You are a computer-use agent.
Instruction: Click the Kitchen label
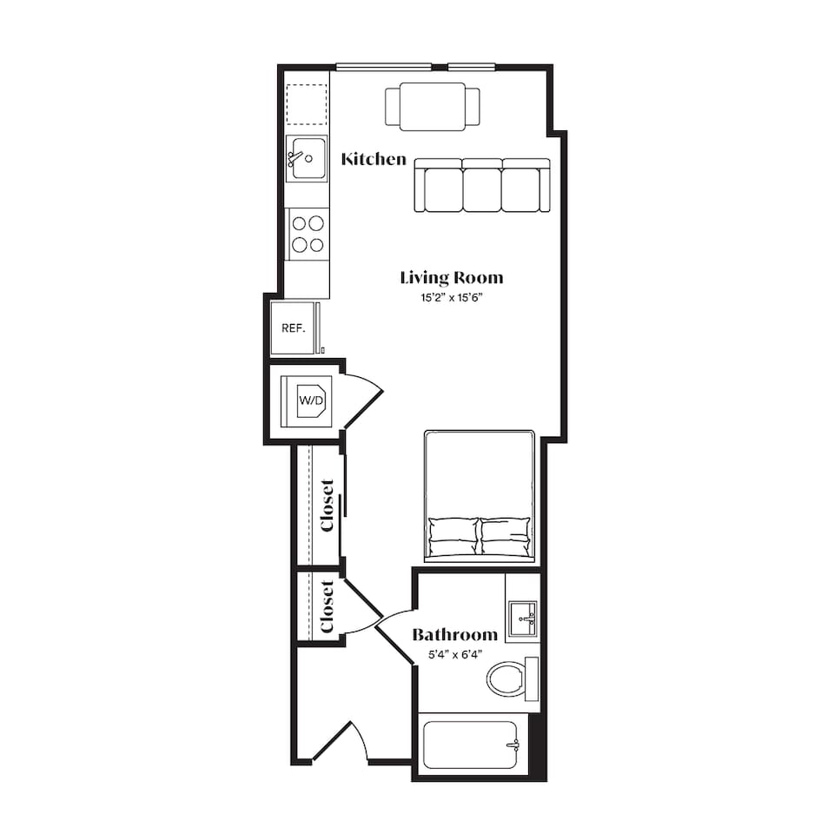click(x=374, y=159)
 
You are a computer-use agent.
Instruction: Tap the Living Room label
click(x=452, y=278)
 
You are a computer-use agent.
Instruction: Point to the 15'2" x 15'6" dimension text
click(x=451, y=297)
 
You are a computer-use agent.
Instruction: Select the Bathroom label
click(x=454, y=634)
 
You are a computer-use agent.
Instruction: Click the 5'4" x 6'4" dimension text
click(x=455, y=655)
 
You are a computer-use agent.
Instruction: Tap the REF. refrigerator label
click(x=294, y=328)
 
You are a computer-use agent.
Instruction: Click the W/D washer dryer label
click(x=311, y=400)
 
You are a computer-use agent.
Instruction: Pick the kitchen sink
click(x=307, y=158)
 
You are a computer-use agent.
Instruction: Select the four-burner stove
click(x=308, y=234)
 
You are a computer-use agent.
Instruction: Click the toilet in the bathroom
click(x=513, y=679)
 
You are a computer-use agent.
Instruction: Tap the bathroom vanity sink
click(x=523, y=619)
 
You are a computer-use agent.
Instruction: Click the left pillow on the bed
click(x=453, y=537)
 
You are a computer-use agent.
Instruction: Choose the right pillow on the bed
click(x=506, y=537)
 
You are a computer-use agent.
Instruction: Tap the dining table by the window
click(x=433, y=106)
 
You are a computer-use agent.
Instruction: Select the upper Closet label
click(x=327, y=506)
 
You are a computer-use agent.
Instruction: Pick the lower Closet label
click(x=327, y=607)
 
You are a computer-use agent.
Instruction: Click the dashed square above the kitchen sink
click(x=307, y=104)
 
